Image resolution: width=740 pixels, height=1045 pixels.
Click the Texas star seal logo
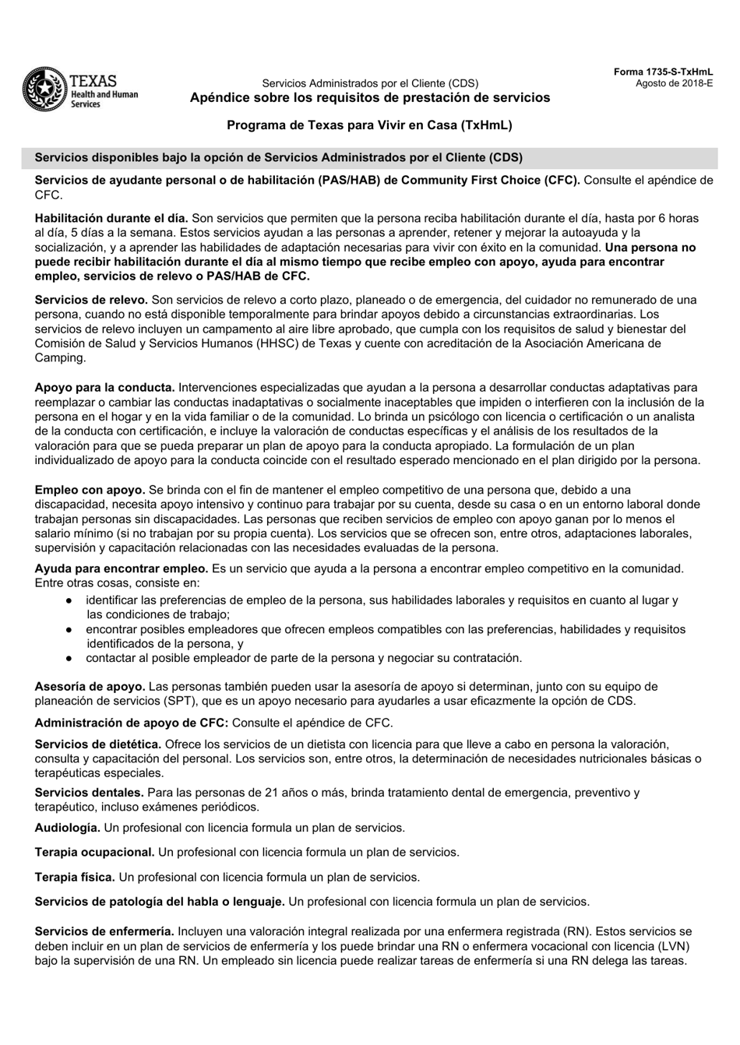tap(45, 90)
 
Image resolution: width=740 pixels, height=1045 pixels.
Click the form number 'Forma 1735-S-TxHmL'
tap(663, 72)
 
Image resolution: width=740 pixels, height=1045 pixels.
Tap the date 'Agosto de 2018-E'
tap(674, 83)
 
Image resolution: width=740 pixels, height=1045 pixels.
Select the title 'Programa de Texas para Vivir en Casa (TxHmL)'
tap(369, 125)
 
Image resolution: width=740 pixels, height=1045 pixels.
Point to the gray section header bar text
tap(278, 157)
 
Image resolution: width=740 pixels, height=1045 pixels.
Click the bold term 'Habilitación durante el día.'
tap(111, 219)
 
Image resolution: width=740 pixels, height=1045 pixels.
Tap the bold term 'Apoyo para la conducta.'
tap(104, 388)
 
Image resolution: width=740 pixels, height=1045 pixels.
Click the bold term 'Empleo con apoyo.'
tap(90, 490)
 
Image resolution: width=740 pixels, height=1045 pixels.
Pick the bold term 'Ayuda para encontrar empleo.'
tap(121, 569)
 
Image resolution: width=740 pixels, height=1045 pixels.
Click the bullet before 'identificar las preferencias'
tap(69, 600)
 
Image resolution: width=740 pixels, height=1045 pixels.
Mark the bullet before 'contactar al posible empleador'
tap(69, 658)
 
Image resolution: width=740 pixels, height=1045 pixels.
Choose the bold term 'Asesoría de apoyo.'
tap(90, 687)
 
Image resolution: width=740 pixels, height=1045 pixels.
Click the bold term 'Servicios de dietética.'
tap(98, 744)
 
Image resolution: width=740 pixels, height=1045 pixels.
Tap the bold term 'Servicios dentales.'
tap(89, 793)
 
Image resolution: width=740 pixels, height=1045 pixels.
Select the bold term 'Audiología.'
tap(67, 828)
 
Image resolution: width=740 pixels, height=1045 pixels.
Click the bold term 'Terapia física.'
tap(75, 878)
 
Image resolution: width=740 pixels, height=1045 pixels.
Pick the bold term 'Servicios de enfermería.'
tap(104, 931)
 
